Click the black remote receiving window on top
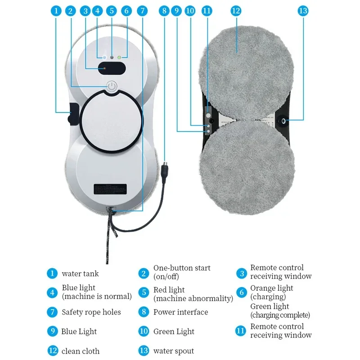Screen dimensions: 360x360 click(x=112, y=69)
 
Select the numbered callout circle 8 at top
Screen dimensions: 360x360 click(x=164, y=11)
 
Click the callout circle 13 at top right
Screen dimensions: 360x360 click(x=303, y=11)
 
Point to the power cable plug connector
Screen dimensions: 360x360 click(x=165, y=171)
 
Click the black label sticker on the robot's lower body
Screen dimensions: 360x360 click(x=112, y=189)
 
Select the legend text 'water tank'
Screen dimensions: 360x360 click(x=80, y=273)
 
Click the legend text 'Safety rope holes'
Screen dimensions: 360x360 click(x=91, y=312)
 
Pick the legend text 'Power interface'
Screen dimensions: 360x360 click(x=180, y=312)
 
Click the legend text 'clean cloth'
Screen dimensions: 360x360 click(x=81, y=351)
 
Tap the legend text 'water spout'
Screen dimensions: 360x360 click(x=174, y=351)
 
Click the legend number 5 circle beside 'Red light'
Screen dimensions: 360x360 click(x=144, y=293)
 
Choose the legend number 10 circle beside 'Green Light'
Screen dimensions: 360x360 click(x=144, y=332)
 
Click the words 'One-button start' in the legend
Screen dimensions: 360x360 click(x=182, y=268)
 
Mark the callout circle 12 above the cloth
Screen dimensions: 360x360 click(x=236, y=11)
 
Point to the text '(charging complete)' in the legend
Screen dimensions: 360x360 click(x=280, y=315)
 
